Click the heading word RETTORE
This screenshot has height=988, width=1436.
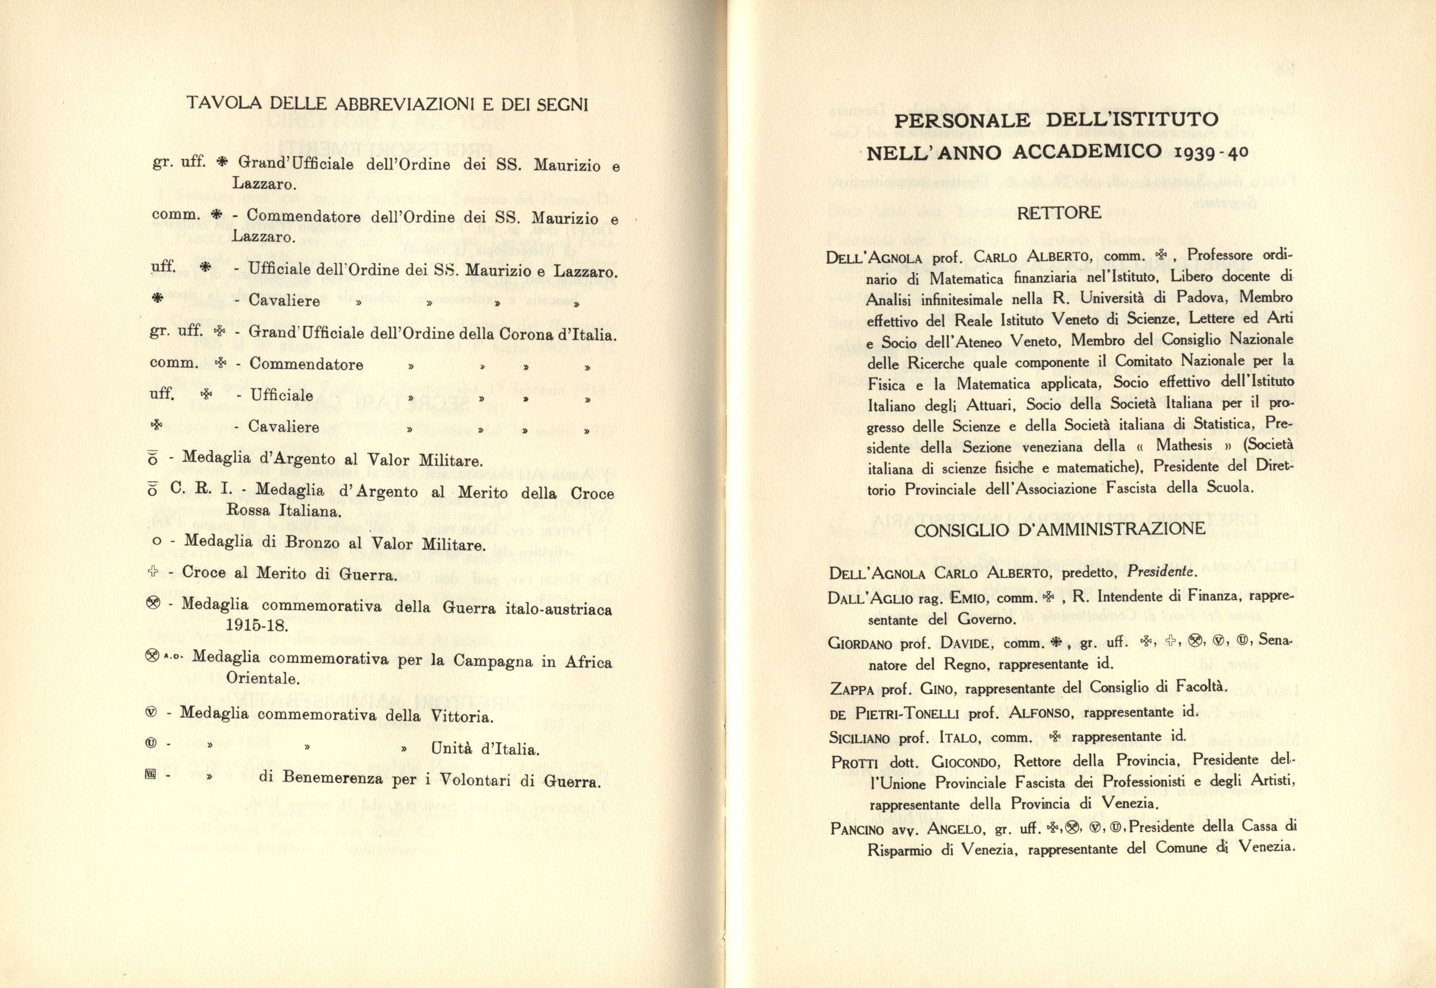(1059, 213)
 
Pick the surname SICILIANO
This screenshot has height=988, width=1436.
(859, 738)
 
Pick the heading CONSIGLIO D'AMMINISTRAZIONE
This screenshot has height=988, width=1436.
(1060, 530)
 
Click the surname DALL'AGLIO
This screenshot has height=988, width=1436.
(863, 598)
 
